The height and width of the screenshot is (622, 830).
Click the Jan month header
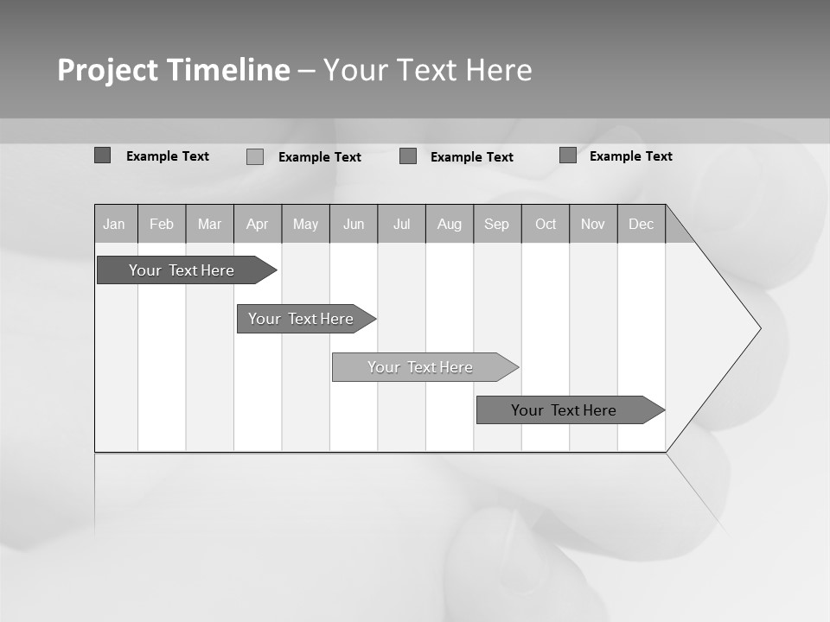point(115,224)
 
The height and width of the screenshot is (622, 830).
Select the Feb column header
point(162,224)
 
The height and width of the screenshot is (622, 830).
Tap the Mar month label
point(209,224)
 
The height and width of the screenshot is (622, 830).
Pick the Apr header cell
point(258,224)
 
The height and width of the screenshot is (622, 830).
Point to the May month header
point(305,224)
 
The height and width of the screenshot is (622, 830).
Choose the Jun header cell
point(354,224)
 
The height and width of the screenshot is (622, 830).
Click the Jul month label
point(401,224)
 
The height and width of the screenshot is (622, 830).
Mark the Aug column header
point(450,224)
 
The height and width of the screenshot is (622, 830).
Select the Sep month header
point(497,224)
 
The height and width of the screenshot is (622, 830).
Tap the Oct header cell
point(546,224)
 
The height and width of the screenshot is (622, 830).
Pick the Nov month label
point(593,224)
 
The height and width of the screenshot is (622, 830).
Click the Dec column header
point(642,224)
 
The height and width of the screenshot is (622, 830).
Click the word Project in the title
point(107,70)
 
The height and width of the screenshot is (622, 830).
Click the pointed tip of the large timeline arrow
point(758,328)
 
